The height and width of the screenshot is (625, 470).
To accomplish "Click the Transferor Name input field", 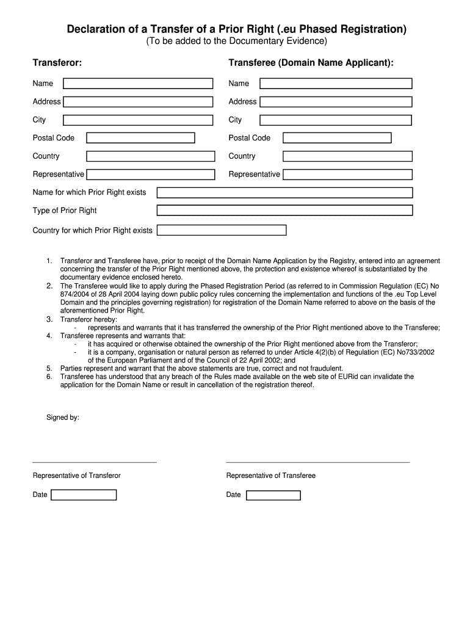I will coord(138,84).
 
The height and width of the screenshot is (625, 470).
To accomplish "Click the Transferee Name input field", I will coord(335,84).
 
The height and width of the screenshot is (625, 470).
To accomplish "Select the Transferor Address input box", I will coord(138,102).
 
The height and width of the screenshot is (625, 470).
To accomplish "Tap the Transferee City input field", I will coord(335,120).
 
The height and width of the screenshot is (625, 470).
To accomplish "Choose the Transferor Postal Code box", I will coord(140,138).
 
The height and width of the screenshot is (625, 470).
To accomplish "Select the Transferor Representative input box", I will coord(150,175).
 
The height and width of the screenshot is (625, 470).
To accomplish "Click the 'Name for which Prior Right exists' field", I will coord(284,193).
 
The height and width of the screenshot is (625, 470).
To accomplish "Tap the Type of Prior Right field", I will coord(284,211).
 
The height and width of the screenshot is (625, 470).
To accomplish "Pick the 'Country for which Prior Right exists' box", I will coord(221,230).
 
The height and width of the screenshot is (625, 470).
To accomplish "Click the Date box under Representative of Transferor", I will coord(84,495).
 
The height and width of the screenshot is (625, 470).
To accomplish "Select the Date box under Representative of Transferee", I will coord(273,495).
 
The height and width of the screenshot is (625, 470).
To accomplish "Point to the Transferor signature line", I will coord(95,461).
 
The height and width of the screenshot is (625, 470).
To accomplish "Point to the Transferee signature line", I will coord(317,461).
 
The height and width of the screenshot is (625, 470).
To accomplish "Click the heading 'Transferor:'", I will coord(57,63).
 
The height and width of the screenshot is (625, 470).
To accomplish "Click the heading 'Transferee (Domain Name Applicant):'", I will coord(311,63).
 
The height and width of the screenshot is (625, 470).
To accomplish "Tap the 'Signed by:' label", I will coord(63,418).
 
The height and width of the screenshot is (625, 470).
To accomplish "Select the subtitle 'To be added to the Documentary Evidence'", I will coord(236,42).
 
